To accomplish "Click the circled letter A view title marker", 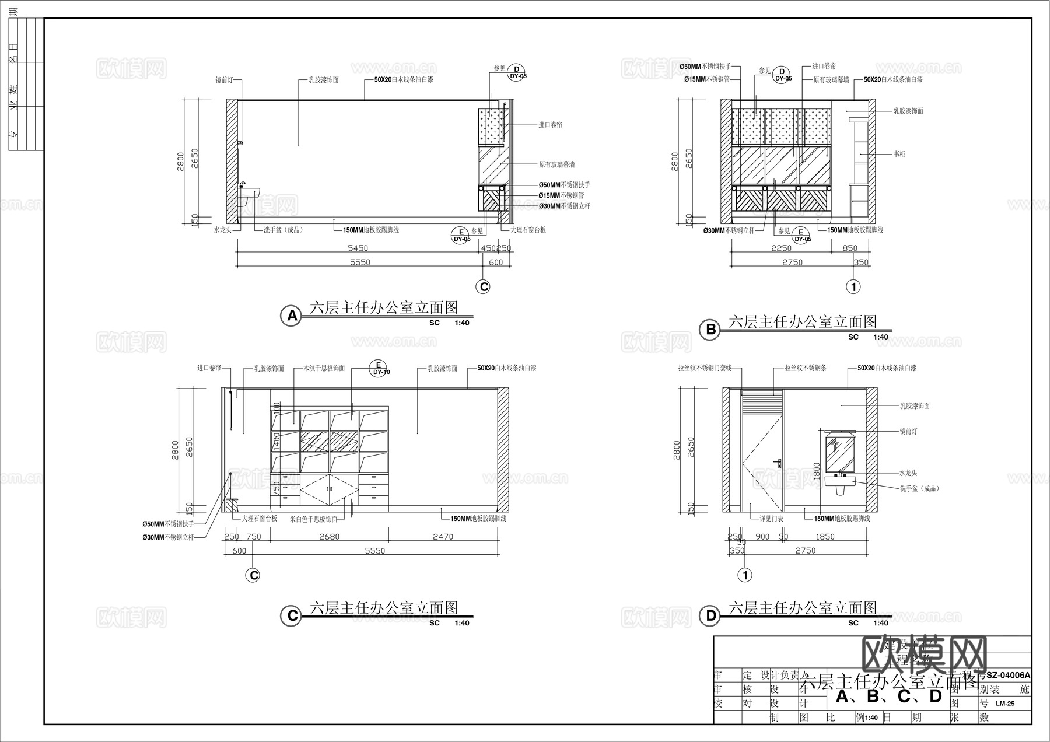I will (x=290, y=316).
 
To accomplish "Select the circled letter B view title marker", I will (x=710, y=330).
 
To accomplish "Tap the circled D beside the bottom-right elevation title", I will (x=710, y=616).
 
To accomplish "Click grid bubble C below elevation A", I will (x=483, y=286).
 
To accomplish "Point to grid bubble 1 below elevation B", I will (x=853, y=286).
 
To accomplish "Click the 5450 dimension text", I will (x=358, y=249).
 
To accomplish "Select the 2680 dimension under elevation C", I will (x=329, y=537).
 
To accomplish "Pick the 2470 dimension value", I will (x=443, y=537).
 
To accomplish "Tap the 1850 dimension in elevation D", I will (x=825, y=537).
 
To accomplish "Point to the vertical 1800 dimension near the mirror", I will (x=817, y=471).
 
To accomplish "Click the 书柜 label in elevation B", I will (x=900, y=155).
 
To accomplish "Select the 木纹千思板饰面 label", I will (x=324, y=369).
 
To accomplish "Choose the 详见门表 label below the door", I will (x=771, y=519).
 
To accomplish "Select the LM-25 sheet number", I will (x=1005, y=703).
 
